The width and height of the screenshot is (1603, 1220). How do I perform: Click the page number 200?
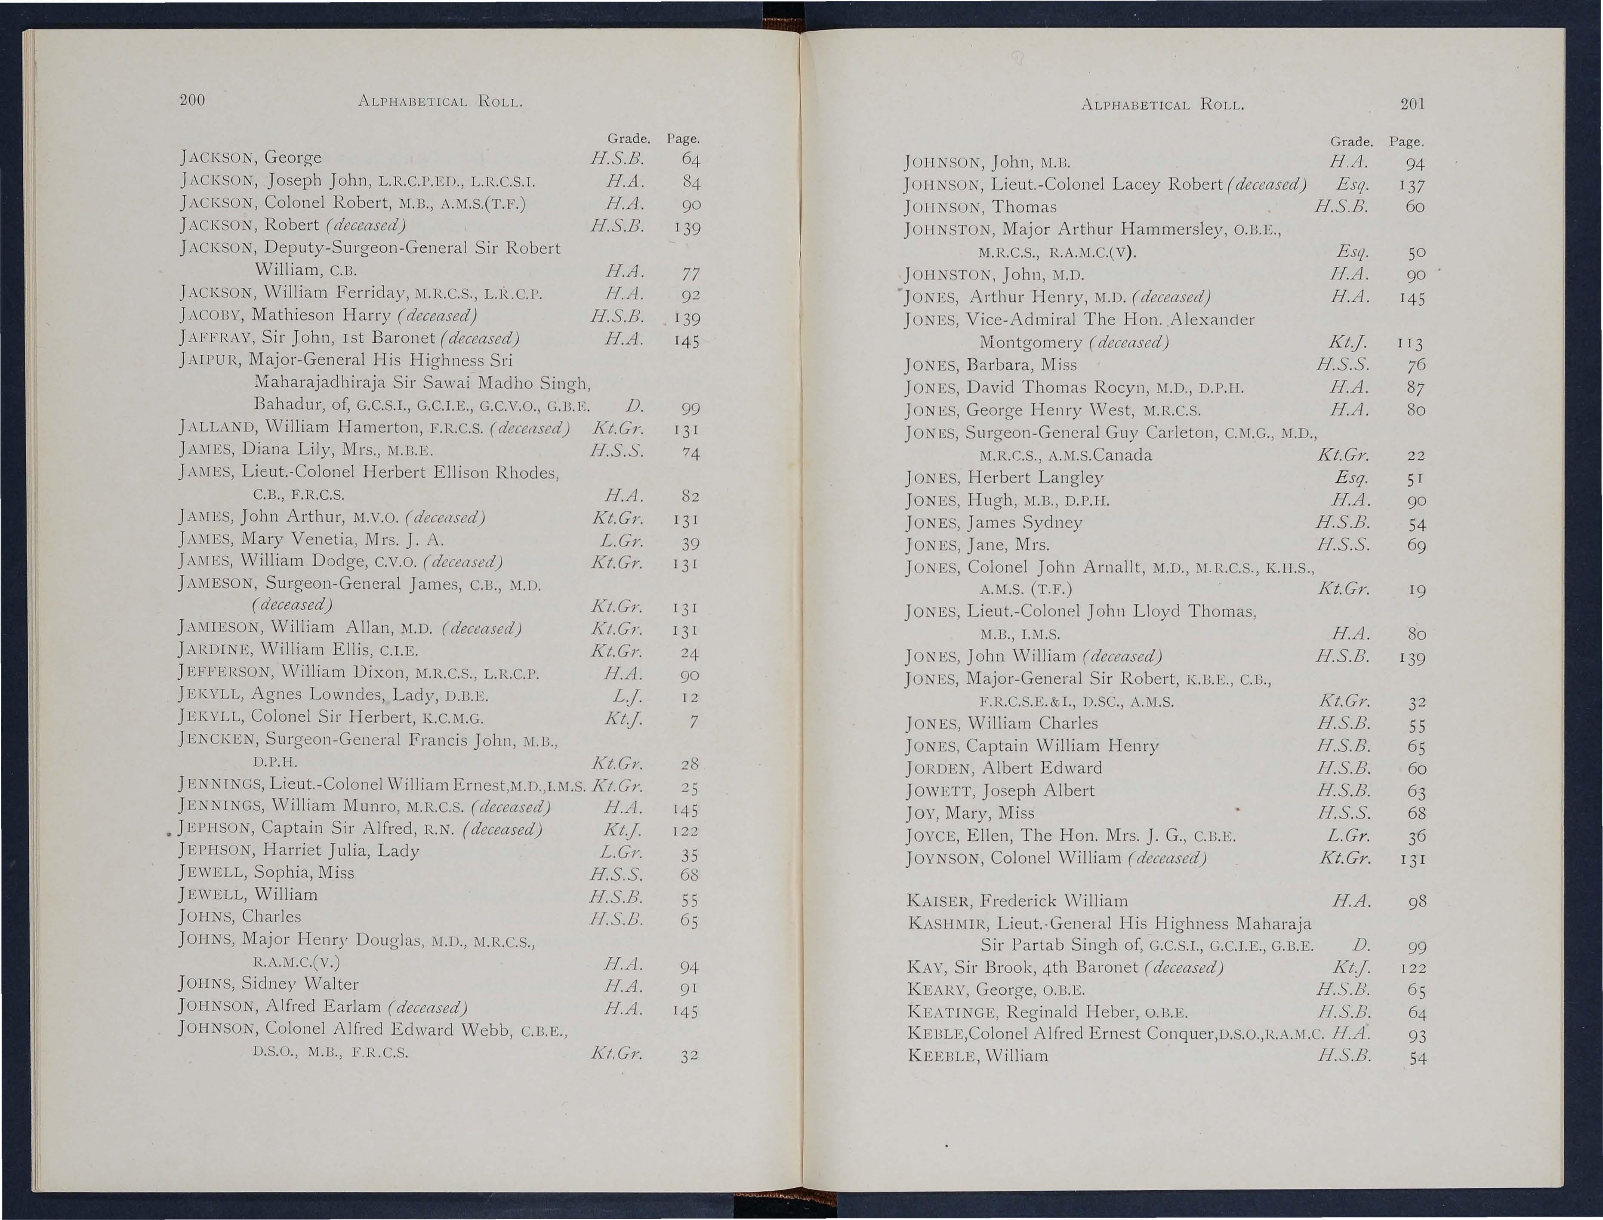click(x=192, y=100)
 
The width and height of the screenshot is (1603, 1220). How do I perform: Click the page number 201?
click(x=1412, y=104)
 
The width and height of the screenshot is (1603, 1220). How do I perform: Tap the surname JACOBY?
click(x=211, y=316)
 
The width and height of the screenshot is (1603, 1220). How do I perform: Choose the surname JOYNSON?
click(x=945, y=858)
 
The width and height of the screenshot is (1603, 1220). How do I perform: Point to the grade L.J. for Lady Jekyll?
click(x=626, y=697)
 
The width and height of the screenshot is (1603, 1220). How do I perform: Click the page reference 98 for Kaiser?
click(x=1416, y=903)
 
